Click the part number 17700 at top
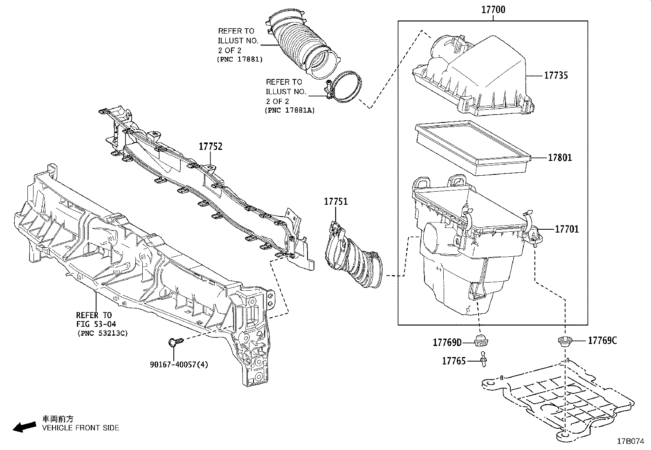[x=493, y=9]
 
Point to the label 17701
[x=566, y=229]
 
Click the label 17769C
[x=602, y=340]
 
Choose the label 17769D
[x=447, y=342]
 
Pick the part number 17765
[x=453, y=361]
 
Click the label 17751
[x=336, y=201]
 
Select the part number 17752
[x=211, y=146]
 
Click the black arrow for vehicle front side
[x=24, y=427]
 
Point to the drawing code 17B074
[x=630, y=441]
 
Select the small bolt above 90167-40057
[x=173, y=341]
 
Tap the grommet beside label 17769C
[x=565, y=341]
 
